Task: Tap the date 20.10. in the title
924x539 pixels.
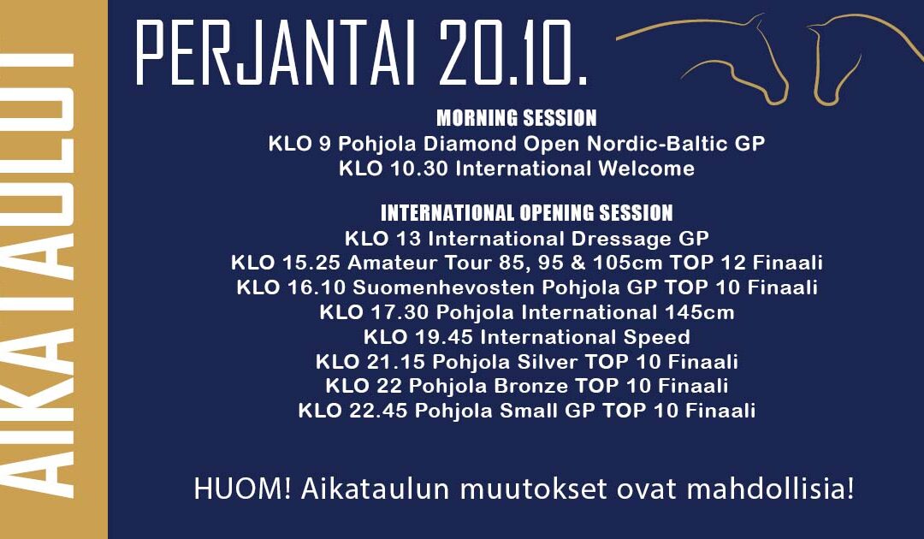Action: click(512, 53)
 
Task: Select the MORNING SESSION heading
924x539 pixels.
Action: click(516, 118)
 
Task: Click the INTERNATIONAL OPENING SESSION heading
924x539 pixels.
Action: click(526, 212)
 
